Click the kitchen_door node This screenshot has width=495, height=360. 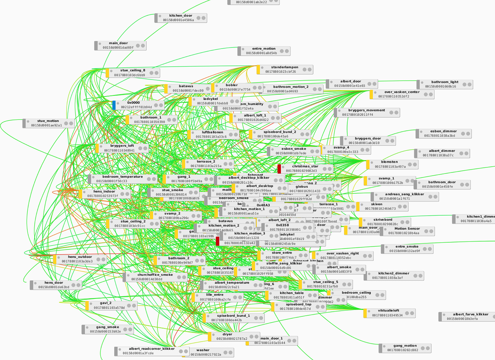pyautogui.click(x=181, y=18)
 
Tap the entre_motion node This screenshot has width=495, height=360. pyautogui.click(x=264, y=51)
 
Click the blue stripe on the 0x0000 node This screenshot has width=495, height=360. pyautogui.click(x=114, y=105)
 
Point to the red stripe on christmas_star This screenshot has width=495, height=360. pyautogui.click(x=279, y=168)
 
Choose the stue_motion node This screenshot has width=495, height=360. pyautogui.click(x=49, y=123)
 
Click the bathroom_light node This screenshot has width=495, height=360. pyautogui.click(x=445, y=84)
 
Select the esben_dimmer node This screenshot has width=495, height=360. pyautogui.click(x=443, y=134)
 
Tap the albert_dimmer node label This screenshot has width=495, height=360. pyautogui.click(x=442, y=151)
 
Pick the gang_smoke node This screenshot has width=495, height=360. pyautogui.click(x=108, y=329)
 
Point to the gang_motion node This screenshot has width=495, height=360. pyautogui.click(x=405, y=348)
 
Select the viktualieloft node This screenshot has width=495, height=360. pyautogui.click(x=389, y=313)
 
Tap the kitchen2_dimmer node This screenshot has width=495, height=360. pyautogui.click(x=394, y=276)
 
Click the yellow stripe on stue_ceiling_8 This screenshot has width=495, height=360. pyautogui.click(x=107, y=73)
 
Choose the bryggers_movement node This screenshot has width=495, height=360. pyautogui.click(x=367, y=112)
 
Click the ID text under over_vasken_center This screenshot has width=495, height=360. pyautogui.click(x=394, y=96)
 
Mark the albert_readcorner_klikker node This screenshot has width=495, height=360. pyautogui.click(x=152, y=351)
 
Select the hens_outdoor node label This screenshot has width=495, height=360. pyautogui.click(x=80, y=257)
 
